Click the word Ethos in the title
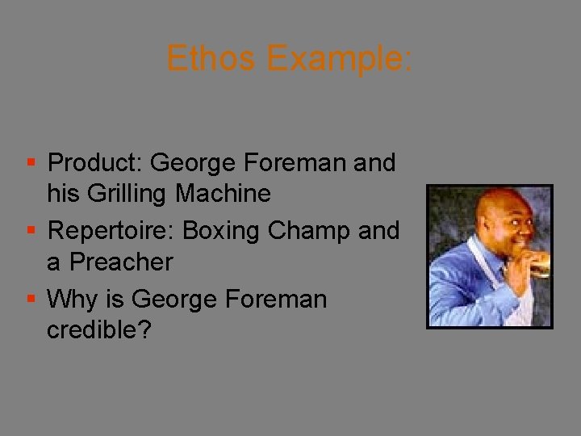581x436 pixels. click(x=211, y=59)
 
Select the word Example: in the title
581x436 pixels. click(x=339, y=59)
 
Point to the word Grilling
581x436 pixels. click(x=119, y=194)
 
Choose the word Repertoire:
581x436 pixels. click(x=111, y=231)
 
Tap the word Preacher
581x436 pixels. click(x=121, y=262)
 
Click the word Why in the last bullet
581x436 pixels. click(x=68, y=300)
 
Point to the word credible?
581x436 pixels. click(x=98, y=330)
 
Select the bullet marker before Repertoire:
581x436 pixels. click(x=31, y=232)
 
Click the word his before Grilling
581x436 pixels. click(x=62, y=194)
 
